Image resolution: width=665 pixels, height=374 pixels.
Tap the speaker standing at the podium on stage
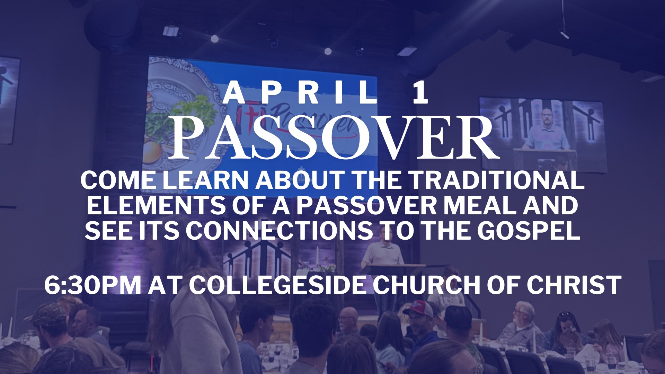point(381,256)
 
